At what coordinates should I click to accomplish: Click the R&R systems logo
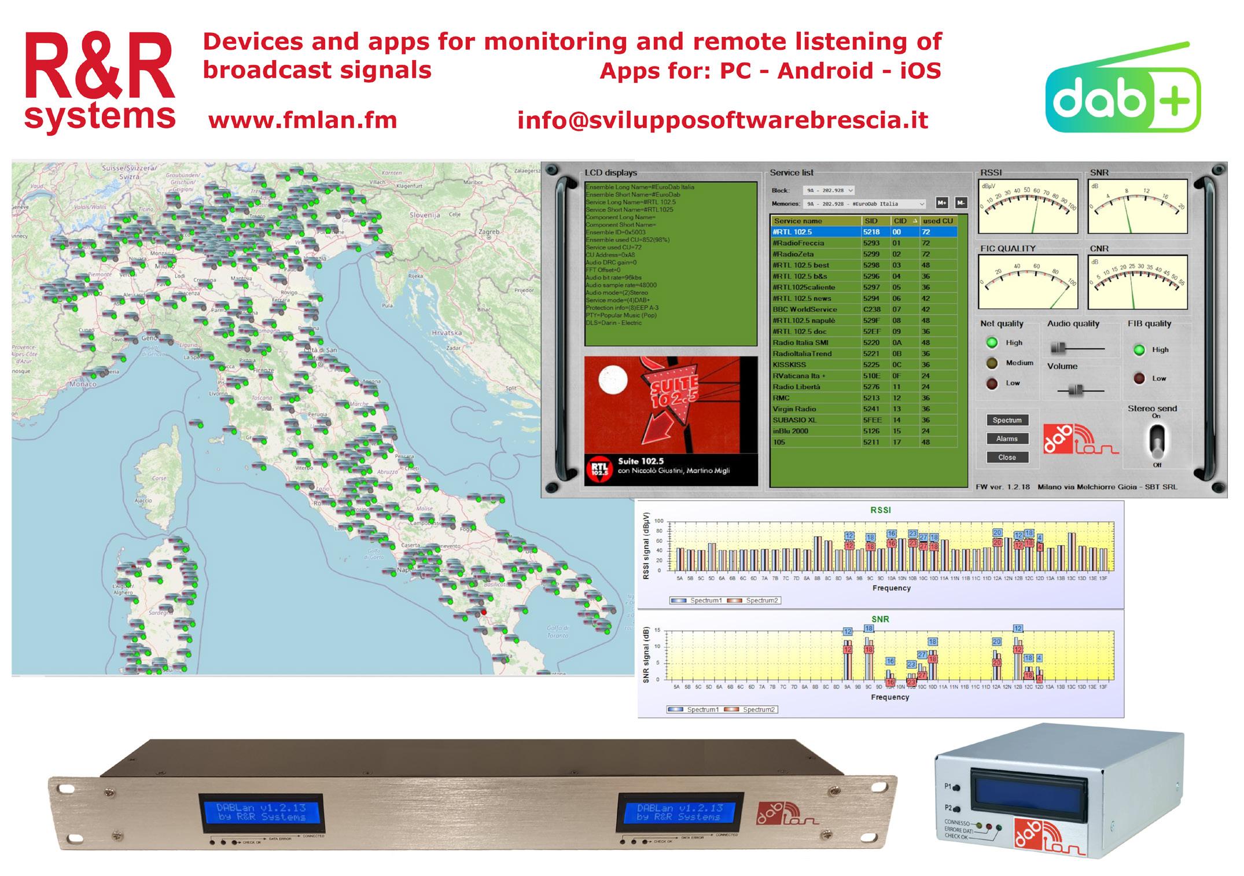[x=100, y=81]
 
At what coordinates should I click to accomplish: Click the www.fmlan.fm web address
[x=303, y=120]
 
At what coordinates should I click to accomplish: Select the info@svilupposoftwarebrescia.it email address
[x=722, y=120]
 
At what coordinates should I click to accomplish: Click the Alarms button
[x=1007, y=439]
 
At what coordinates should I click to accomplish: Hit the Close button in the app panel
[x=1007, y=457]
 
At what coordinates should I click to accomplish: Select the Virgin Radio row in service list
[x=816, y=409]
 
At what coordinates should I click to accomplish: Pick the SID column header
[x=871, y=221]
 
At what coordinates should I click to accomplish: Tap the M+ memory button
[x=942, y=203]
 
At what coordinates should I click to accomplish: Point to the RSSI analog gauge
[x=1028, y=206]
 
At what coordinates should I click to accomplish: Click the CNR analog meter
[x=1138, y=282]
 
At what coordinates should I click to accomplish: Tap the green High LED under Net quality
[x=992, y=343]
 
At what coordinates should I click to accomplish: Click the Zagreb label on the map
[x=489, y=232]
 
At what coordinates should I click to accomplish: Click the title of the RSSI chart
[x=881, y=510]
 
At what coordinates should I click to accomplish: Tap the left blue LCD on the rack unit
[x=261, y=812]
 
